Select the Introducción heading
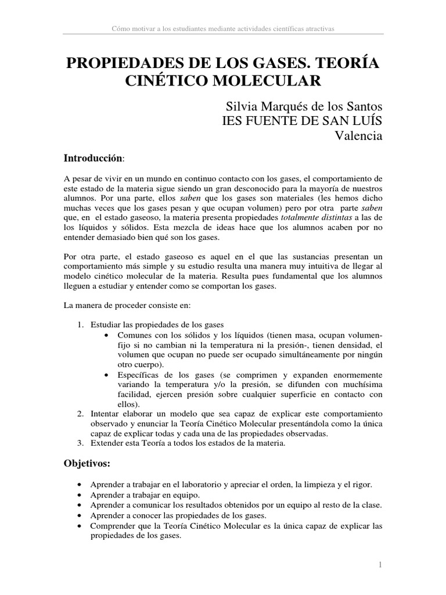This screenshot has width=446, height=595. click(93, 158)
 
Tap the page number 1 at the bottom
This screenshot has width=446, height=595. click(379, 564)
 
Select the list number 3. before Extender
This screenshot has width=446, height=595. click(81, 445)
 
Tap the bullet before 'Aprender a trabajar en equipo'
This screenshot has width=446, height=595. click(79, 495)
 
